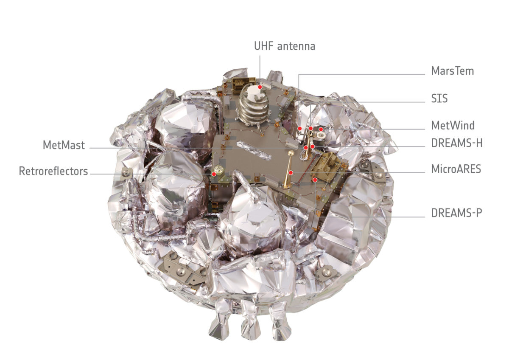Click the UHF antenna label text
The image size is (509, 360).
[x=285, y=46]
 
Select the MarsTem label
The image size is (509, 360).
[x=453, y=71]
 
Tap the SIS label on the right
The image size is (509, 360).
[x=439, y=99]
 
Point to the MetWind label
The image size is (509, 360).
[x=453, y=126]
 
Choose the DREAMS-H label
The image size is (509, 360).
[x=457, y=143]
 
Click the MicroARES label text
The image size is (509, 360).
[x=456, y=169]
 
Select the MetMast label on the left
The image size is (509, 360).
[x=64, y=145]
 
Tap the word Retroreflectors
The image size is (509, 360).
[x=53, y=172]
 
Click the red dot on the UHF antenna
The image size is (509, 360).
[x=261, y=87]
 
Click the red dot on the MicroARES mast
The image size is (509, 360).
[x=291, y=173]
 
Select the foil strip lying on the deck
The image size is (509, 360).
[x=254, y=151]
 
